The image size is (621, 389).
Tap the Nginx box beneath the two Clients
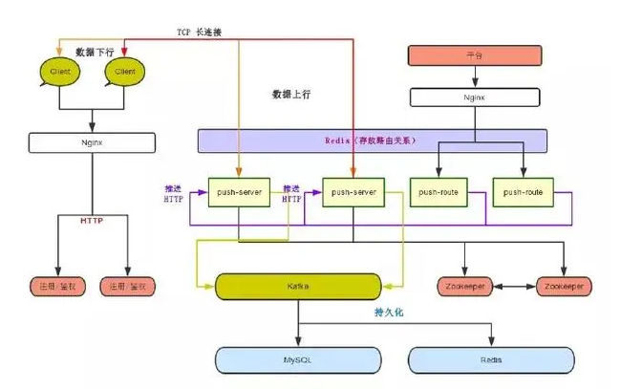(92, 142)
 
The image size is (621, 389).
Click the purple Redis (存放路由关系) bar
(373, 140)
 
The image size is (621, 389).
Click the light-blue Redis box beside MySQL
(492, 360)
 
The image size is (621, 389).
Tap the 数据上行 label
(291, 97)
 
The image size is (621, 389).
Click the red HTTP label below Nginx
(92, 221)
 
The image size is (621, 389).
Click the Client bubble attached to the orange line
(57, 71)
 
